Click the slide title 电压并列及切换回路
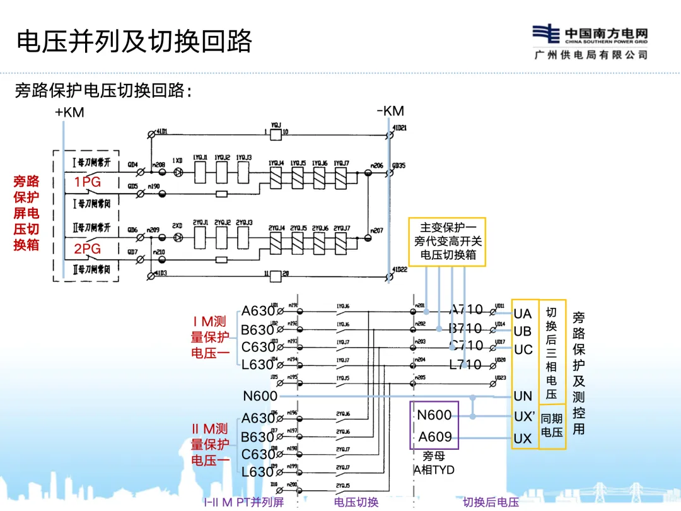point(134,41)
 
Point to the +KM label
point(69,113)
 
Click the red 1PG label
point(88,182)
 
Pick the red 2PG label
point(88,249)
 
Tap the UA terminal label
point(523,314)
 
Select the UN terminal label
point(523,396)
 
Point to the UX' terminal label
point(524,417)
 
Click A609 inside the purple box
point(435,437)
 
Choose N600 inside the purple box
point(434,415)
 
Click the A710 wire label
point(466,310)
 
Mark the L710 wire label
point(465,365)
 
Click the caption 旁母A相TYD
point(434,463)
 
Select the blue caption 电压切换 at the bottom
point(356,502)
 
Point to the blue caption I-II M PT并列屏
point(243,502)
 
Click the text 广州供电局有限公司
point(590,55)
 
